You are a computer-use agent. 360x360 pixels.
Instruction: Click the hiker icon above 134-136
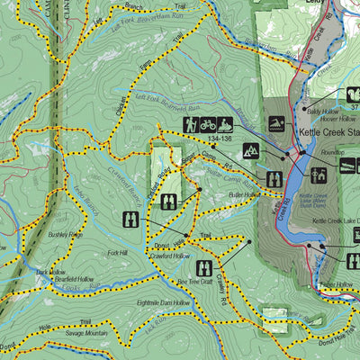point(192,124)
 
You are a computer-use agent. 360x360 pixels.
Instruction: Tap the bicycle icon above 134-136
point(208,124)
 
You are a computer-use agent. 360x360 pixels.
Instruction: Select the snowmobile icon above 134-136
point(224,124)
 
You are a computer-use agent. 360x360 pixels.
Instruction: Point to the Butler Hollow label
point(244,194)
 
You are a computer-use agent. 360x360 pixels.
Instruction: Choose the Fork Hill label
point(92,253)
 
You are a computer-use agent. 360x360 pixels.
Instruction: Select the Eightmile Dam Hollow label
point(161,303)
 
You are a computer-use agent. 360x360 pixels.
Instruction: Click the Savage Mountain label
point(89,333)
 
